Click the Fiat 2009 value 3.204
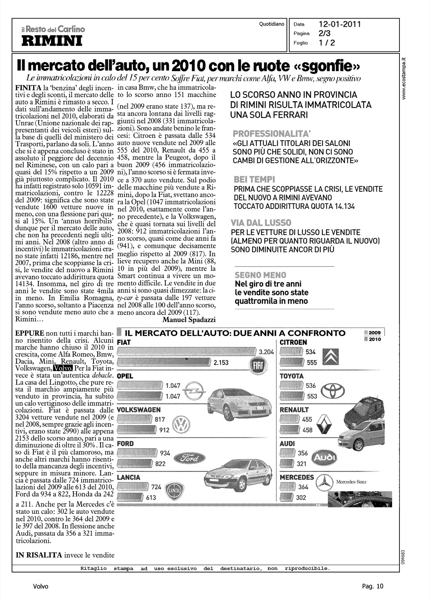click(266, 352)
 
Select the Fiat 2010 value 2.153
click(221, 363)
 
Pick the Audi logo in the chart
click(324, 458)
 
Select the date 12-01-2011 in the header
click(340, 24)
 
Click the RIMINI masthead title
click(51, 40)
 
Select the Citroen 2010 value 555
click(311, 363)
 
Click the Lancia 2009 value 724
click(156, 487)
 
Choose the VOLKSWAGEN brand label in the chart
click(138, 410)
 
